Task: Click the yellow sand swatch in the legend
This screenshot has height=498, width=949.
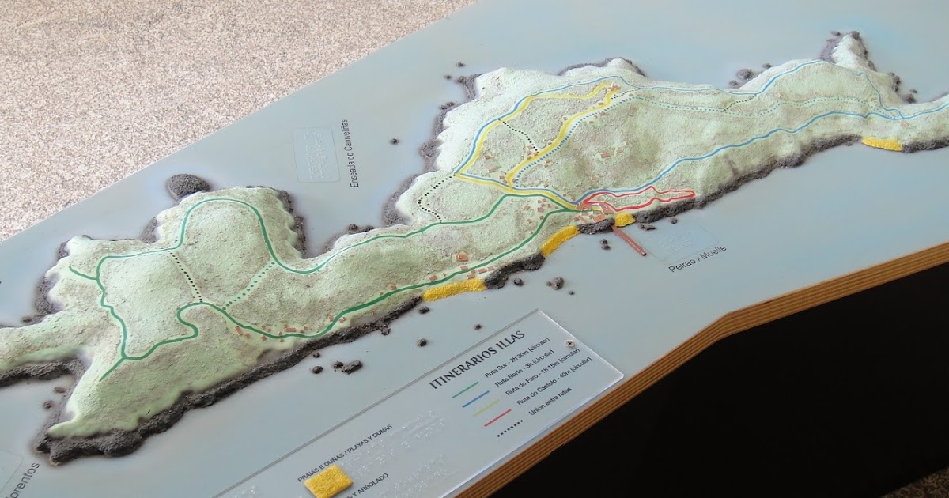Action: [328, 479]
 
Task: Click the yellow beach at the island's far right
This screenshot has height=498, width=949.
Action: [881, 144]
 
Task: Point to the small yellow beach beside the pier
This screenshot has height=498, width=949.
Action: [625, 219]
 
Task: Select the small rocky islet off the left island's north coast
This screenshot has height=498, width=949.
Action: [187, 185]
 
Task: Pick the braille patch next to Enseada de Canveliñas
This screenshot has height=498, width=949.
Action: [316, 155]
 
